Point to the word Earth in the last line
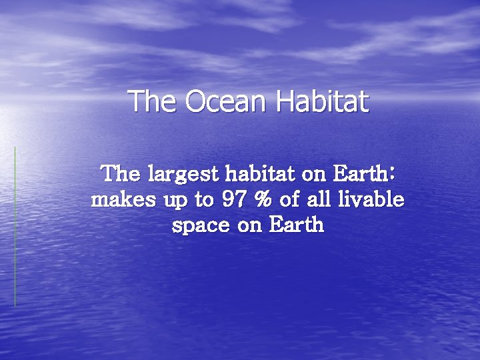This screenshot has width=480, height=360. (297, 225)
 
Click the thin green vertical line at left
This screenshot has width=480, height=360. (15, 227)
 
